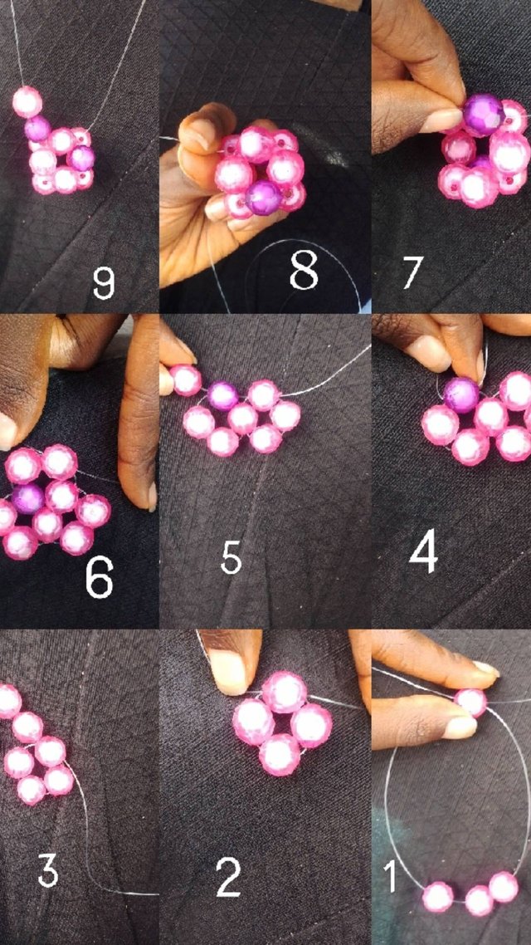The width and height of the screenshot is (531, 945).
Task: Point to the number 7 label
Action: (x=414, y=272)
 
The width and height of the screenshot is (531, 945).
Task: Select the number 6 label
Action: (x=100, y=579)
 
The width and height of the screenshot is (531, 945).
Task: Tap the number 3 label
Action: (x=48, y=871)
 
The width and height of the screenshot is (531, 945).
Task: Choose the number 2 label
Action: (x=229, y=877)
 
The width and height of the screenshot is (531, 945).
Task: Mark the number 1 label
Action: (x=392, y=876)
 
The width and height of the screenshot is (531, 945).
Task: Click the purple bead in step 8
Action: (x=263, y=197)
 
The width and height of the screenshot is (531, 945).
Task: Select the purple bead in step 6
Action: (x=27, y=498)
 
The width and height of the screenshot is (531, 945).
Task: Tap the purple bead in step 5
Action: (x=222, y=396)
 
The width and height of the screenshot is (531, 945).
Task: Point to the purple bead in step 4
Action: (x=462, y=394)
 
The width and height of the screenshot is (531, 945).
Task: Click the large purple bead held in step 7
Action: (x=484, y=114)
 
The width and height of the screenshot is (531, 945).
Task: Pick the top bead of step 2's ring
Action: (x=284, y=692)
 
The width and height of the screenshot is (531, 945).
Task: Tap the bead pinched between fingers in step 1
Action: (x=470, y=703)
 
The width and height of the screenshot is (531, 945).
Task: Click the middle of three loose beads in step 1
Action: (x=480, y=900)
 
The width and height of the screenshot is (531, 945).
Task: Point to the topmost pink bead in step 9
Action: (x=27, y=101)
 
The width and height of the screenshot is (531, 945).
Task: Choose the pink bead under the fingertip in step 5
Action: (x=185, y=379)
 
